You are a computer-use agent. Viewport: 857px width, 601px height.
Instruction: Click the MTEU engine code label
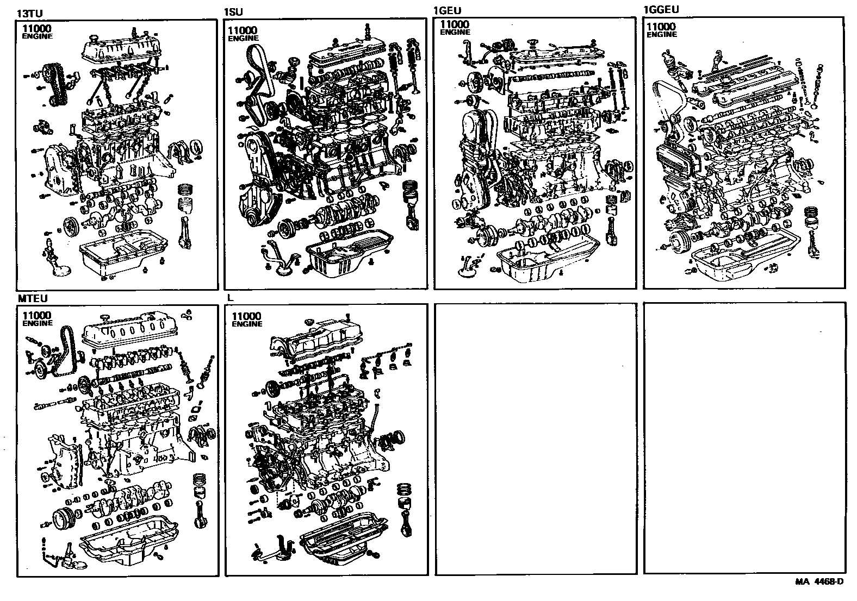coord(33,298)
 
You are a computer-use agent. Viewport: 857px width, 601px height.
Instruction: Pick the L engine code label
coord(231,298)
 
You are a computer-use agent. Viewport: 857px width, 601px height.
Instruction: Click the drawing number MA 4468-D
coord(819,582)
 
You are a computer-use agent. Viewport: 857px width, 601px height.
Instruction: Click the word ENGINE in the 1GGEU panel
coord(662,34)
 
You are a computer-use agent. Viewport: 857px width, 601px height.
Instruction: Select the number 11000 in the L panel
coord(246,316)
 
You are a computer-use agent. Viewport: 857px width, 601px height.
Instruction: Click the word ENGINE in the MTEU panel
coord(38,323)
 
